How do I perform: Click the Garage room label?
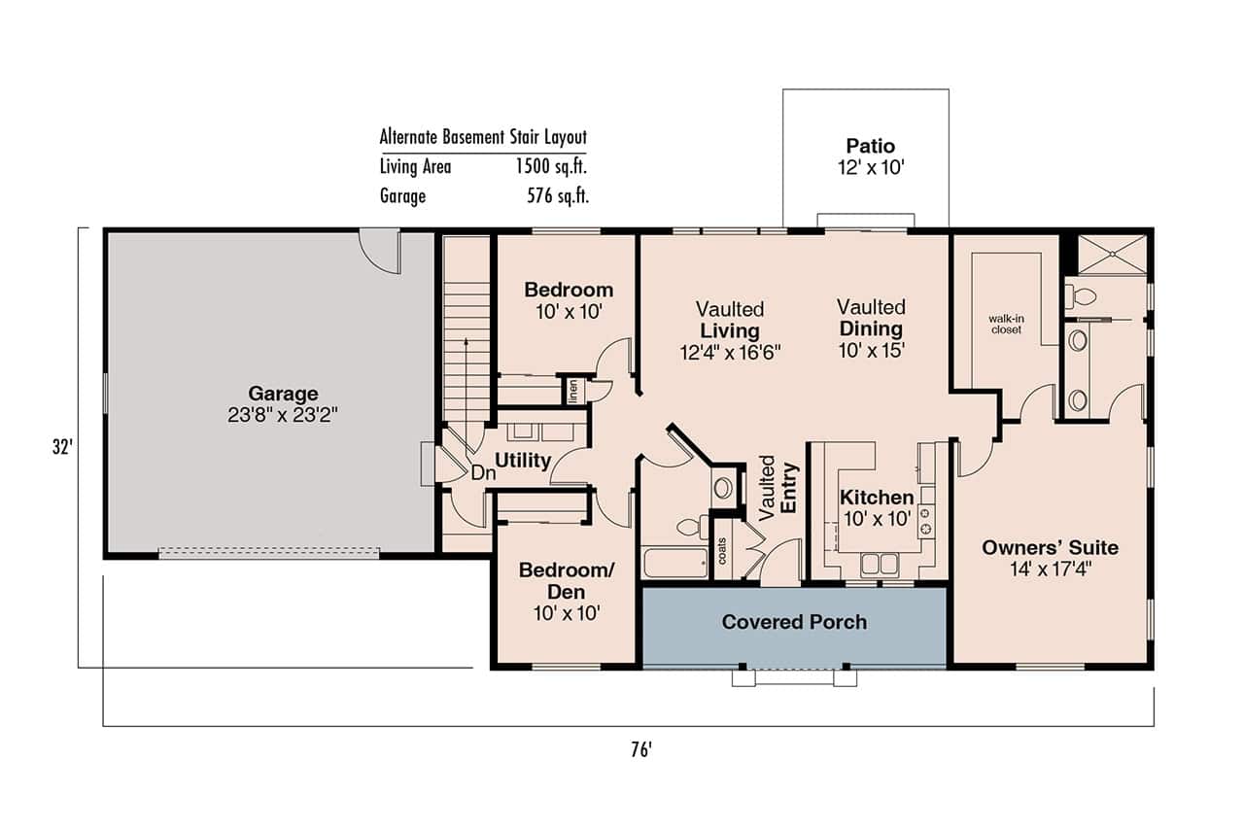click(x=283, y=394)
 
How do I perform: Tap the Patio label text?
click(x=869, y=147)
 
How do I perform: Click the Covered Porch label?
click(x=794, y=622)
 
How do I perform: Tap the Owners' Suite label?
click(x=1050, y=548)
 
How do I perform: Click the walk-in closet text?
click(x=1006, y=324)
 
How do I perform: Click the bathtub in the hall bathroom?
click(x=675, y=563)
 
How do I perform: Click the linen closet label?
click(x=573, y=390)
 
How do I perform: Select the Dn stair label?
click(x=483, y=473)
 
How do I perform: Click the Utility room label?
click(x=523, y=461)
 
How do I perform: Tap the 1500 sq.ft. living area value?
click(x=551, y=166)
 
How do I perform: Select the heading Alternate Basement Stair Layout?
click(x=483, y=137)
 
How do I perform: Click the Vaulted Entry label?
click(x=777, y=489)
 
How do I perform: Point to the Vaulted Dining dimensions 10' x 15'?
click(x=872, y=350)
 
